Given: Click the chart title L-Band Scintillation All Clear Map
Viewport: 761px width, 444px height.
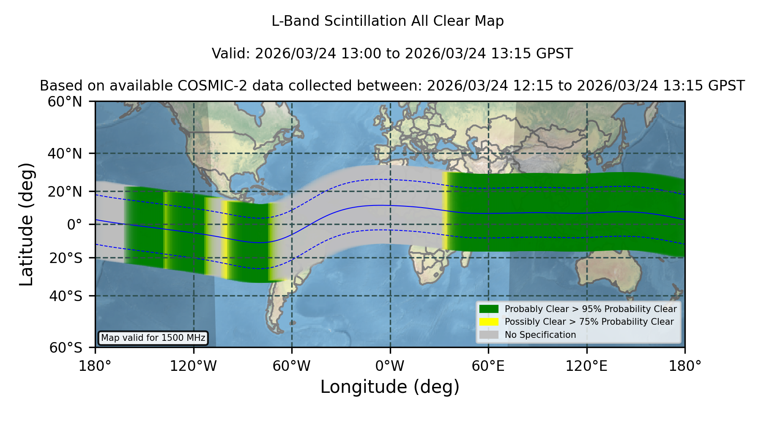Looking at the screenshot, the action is point(387,21).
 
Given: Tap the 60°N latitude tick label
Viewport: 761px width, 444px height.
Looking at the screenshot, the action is point(65,102).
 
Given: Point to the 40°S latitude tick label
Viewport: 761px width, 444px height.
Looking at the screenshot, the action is point(66,296).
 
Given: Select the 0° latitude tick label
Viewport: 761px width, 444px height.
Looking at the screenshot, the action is point(75,225).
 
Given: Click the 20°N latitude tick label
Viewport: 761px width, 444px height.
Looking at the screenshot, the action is point(65,192).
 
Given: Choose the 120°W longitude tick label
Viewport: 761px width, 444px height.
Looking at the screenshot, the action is point(193,366).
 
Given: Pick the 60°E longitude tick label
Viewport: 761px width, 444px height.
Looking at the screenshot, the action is point(488,366).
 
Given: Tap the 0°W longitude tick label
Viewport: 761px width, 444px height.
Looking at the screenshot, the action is point(390,366).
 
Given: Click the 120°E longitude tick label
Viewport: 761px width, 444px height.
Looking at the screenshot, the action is point(586,366).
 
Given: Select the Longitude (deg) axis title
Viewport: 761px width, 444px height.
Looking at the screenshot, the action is point(390,387).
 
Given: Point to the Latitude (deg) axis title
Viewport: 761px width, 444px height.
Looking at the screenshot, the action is point(27,224).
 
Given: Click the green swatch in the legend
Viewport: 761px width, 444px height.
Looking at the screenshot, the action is point(489,309).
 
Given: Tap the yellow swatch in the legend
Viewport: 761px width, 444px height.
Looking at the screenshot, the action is point(489,321).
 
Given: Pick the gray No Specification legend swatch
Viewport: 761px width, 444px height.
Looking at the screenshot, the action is point(489,334).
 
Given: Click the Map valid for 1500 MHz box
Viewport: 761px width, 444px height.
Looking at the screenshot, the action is point(153,338).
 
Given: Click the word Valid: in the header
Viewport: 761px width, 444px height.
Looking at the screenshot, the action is point(231,54).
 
